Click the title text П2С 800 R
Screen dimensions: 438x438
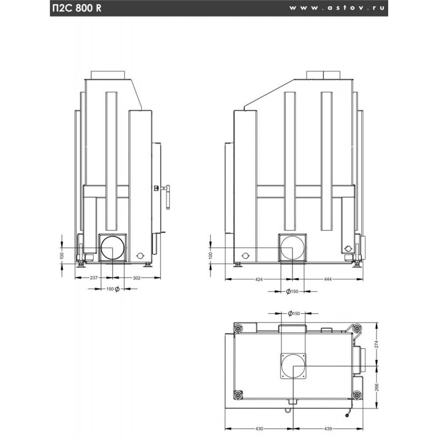(77, 8)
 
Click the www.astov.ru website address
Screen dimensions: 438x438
(337, 8)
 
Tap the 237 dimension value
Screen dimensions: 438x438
(94, 278)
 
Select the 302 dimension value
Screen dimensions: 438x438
(136, 278)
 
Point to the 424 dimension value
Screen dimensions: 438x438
(259, 279)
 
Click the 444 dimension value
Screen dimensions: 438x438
(327, 279)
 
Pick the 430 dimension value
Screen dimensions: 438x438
(259, 429)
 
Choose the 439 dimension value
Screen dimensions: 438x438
(328, 429)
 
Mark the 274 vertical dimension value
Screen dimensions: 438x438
(377, 344)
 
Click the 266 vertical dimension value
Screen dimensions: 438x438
(377, 387)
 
